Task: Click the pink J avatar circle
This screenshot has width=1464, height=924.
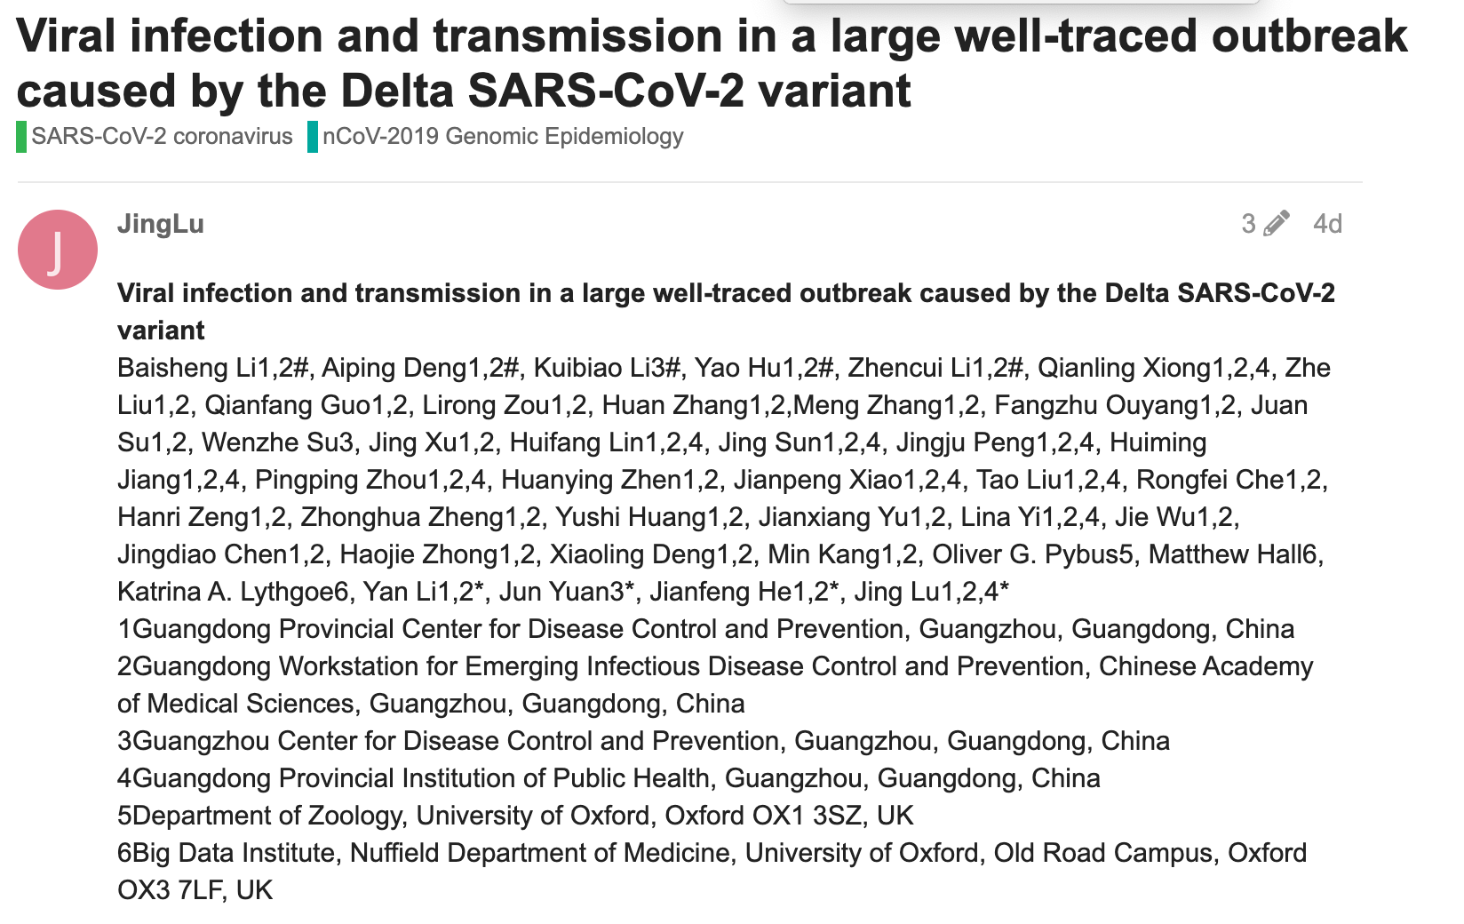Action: pos(58,250)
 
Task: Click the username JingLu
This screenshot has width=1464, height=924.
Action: pos(161,224)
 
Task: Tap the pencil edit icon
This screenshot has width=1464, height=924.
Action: pos(1276,223)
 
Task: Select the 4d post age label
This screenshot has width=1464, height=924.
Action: pos(1327,224)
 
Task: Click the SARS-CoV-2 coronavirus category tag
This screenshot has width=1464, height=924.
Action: pos(162,137)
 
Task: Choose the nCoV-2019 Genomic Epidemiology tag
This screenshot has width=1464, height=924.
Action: pos(503,137)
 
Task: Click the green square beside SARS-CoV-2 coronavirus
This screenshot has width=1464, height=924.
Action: pos(21,137)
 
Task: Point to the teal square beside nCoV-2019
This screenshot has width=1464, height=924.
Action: pos(313,137)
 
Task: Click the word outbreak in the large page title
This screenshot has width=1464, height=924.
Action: pos(1309,36)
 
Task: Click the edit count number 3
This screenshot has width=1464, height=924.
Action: pos(1248,224)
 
